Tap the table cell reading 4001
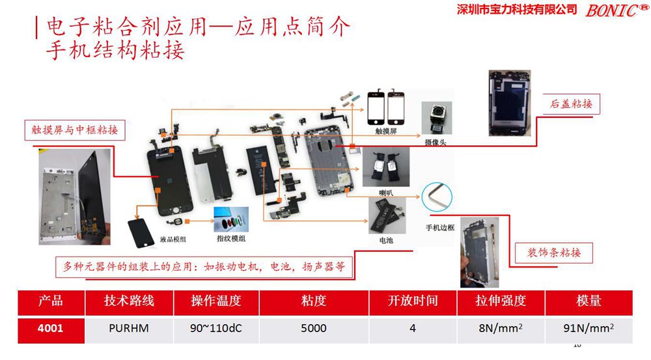(x=50, y=328)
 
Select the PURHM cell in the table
(x=129, y=328)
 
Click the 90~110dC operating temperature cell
(x=216, y=328)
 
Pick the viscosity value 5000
(x=314, y=328)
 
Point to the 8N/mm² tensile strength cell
(x=501, y=328)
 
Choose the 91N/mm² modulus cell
(x=589, y=328)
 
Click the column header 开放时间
(x=413, y=301)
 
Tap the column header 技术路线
(x=129, y=301)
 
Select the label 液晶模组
(x=173, y=240)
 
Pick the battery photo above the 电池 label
(x=385, y=215)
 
